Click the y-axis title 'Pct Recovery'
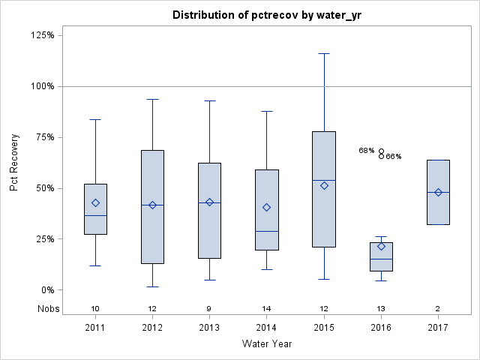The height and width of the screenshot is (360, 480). (15, 163)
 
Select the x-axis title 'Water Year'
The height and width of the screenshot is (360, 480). (267, 343)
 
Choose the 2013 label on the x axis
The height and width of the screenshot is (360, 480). (209, 328)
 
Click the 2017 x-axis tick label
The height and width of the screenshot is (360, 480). (438, 328)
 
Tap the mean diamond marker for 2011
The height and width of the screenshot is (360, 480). (95, 202)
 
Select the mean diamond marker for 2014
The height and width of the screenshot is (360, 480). (266, 207)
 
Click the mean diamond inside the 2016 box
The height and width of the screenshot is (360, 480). (381, 246)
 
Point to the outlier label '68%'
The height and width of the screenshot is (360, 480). (366, 151)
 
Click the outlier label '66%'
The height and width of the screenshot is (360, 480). (394, 157)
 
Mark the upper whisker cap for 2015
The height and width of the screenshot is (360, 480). (324, 54)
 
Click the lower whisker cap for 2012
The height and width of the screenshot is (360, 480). (152, 286)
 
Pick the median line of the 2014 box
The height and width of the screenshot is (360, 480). (266, 231)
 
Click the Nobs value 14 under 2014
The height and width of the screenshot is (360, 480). (266, 308)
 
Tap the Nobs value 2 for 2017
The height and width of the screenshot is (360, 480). (438, 308)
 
